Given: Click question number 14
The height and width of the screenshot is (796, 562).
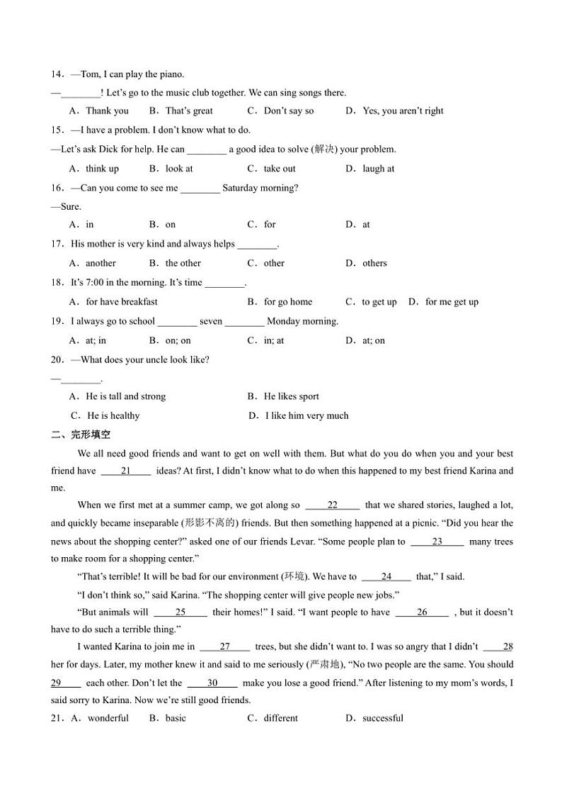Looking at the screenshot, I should coord(57,74).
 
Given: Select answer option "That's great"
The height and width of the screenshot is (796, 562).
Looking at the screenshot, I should coord(188,111).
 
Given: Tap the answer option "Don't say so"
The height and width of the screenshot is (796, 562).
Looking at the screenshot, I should coord(288,111).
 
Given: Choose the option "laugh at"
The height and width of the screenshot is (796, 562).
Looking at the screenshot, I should coord(378,169).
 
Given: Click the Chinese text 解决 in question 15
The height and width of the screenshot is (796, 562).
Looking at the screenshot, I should coord(324,150).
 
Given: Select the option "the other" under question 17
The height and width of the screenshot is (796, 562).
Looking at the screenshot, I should coord(183,263).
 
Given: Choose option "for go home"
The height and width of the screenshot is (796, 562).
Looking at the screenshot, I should coord(287,302).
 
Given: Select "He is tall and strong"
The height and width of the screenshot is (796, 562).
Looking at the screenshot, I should coord(125,396).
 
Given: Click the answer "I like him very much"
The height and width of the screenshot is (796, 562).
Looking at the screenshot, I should coord(306,416).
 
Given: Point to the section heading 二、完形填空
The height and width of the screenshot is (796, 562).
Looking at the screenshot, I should coord(81,435).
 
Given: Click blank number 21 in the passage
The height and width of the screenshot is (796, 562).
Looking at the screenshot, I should coord(126,471).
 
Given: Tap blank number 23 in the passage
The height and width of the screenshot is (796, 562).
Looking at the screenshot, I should coord(437,542).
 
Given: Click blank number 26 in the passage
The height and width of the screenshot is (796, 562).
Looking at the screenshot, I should coord(422,612).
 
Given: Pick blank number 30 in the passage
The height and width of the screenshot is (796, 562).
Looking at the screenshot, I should coord(212,683).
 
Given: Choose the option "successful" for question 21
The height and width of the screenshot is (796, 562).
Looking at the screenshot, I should coord(382,718).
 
